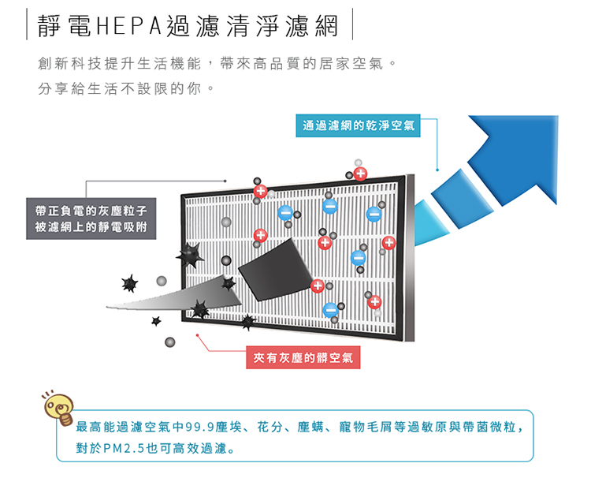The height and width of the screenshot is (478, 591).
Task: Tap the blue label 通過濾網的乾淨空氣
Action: (x=359, y=124)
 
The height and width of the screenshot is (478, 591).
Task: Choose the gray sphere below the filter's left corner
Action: (x=170, y=342)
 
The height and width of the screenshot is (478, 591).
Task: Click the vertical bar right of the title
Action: (x=352, y=25)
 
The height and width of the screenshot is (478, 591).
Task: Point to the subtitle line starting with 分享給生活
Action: (x=126, y=87)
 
